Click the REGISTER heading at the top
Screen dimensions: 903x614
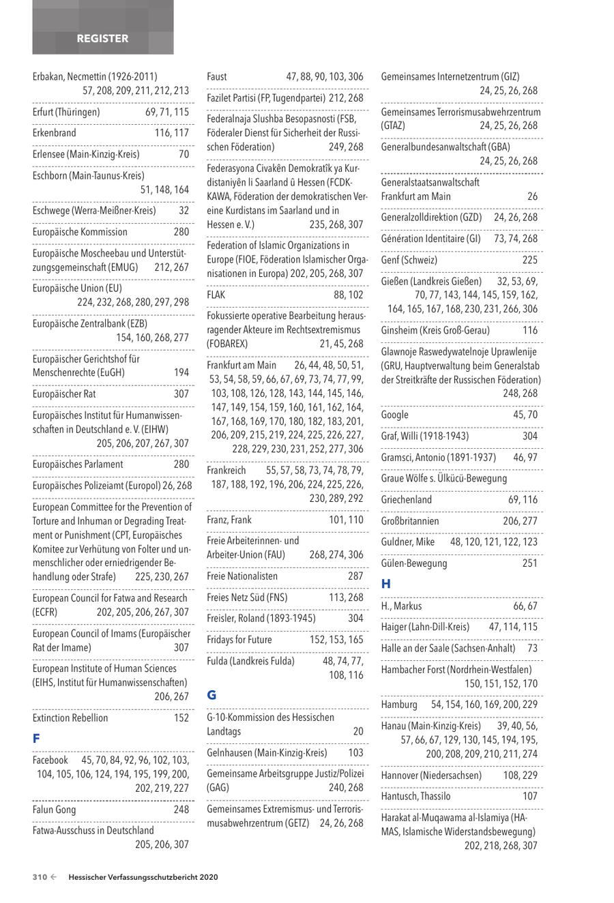point(102,39)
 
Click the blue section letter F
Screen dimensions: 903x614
point(36,739)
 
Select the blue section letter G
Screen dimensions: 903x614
point(211,696)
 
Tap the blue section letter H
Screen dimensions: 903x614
point(386,584)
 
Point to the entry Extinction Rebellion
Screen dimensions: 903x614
point(70,717)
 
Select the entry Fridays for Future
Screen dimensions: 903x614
point(239,640)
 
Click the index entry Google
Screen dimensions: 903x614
point(395,415)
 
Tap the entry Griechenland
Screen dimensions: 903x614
point(407,500)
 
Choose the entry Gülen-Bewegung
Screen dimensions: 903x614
point(414,563)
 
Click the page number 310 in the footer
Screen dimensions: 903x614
point(40,878)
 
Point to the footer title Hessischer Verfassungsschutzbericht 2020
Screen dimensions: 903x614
point(143,878)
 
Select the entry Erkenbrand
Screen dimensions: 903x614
point(55,133)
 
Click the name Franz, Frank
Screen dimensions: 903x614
point(229,520)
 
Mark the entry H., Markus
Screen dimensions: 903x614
point(401,606)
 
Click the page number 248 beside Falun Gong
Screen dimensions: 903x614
point(181,810)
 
